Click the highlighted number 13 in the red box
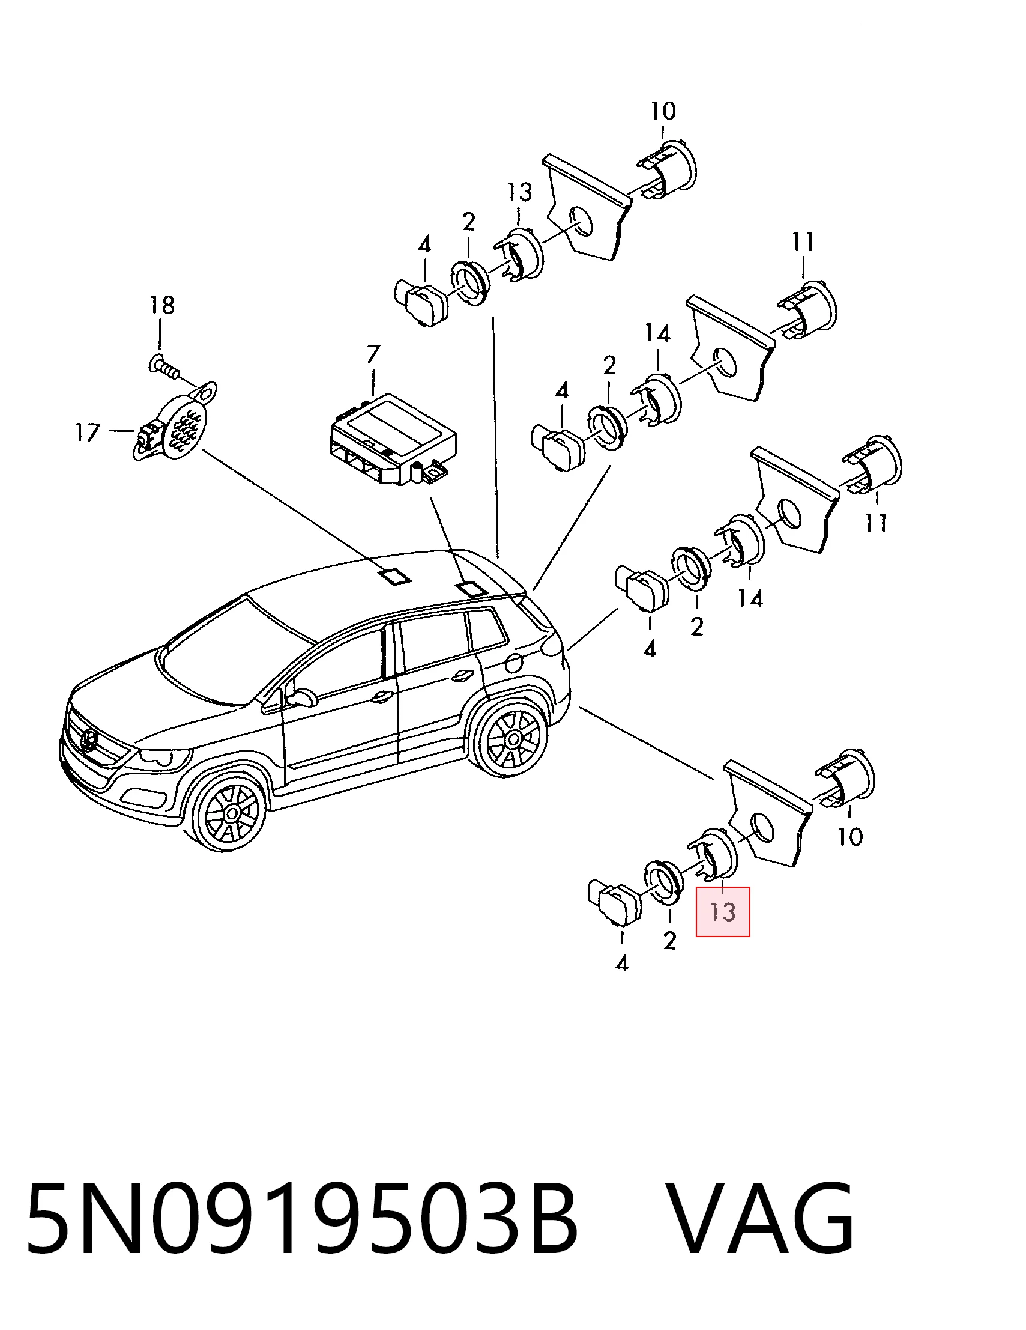722,912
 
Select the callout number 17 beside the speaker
87,433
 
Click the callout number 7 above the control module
373,355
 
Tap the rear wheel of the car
511,739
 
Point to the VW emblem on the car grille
89,739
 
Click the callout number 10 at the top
663,112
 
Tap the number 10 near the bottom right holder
850,837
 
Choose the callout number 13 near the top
519,192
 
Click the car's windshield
237,649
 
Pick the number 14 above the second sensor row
657,333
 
